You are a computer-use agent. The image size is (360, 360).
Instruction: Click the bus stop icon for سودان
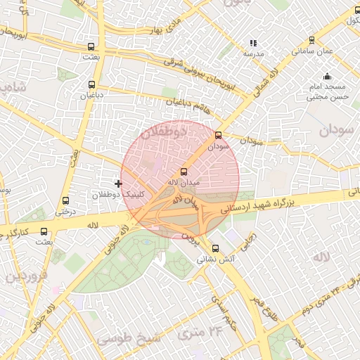point(217,135)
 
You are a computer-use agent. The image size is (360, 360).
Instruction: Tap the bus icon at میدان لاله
point(184,172)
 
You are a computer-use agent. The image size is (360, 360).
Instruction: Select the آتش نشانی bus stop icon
point(215,248)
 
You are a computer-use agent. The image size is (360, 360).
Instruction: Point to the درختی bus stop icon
point(66,200)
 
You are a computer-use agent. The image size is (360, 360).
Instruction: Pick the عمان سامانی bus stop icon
point(292,41)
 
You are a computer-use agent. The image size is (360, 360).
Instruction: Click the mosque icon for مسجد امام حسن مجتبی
point(326,77)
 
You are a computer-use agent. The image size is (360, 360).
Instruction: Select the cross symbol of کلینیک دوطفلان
point(117,184)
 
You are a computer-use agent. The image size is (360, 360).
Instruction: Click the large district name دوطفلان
point(162,131)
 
